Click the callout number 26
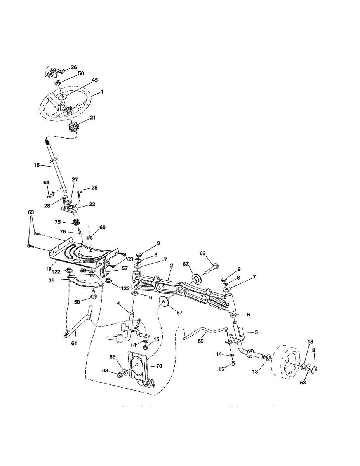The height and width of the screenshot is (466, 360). (x=73, y=67)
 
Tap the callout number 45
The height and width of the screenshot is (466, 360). (x=94, y=80)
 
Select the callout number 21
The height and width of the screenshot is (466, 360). (x=93, y=117)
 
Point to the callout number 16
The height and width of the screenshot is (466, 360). (x=37, y=165)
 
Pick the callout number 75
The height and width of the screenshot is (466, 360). (x=57, y=222)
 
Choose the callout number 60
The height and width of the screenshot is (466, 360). (x=102, y=227)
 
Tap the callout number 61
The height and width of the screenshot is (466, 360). (x=74, y=343)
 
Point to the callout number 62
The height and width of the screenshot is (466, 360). (x=200, y=341)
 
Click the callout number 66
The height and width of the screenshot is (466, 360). (x=202, y=253)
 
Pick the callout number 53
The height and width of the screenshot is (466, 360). (x=303, y=383)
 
